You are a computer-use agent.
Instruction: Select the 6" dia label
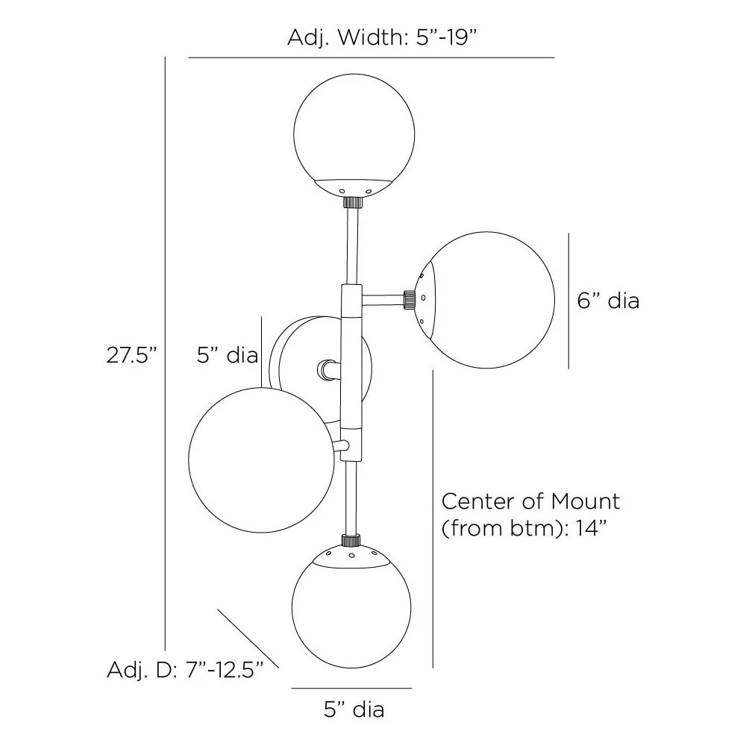click(x=608, y=301)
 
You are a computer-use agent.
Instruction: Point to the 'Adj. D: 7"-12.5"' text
click(x=186, y=670)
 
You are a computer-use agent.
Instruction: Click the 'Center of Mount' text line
click(x=530, y=501)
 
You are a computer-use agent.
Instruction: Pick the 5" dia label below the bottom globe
click(x=354, y=709)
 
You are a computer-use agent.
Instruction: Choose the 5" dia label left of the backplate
click(x=227, y=355)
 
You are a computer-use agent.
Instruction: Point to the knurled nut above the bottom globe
click(x=350, y=539)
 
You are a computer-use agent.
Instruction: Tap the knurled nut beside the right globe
click(x=409, y=299)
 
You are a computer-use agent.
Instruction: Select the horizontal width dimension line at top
click(x=372, y=57)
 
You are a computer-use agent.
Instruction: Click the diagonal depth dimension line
click(x=248, y=639)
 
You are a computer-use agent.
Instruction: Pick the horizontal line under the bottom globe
click(x=351, y=688)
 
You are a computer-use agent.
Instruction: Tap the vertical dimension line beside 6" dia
click(x=569, y=301)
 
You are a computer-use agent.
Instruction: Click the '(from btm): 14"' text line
click(x=522, y=529)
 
